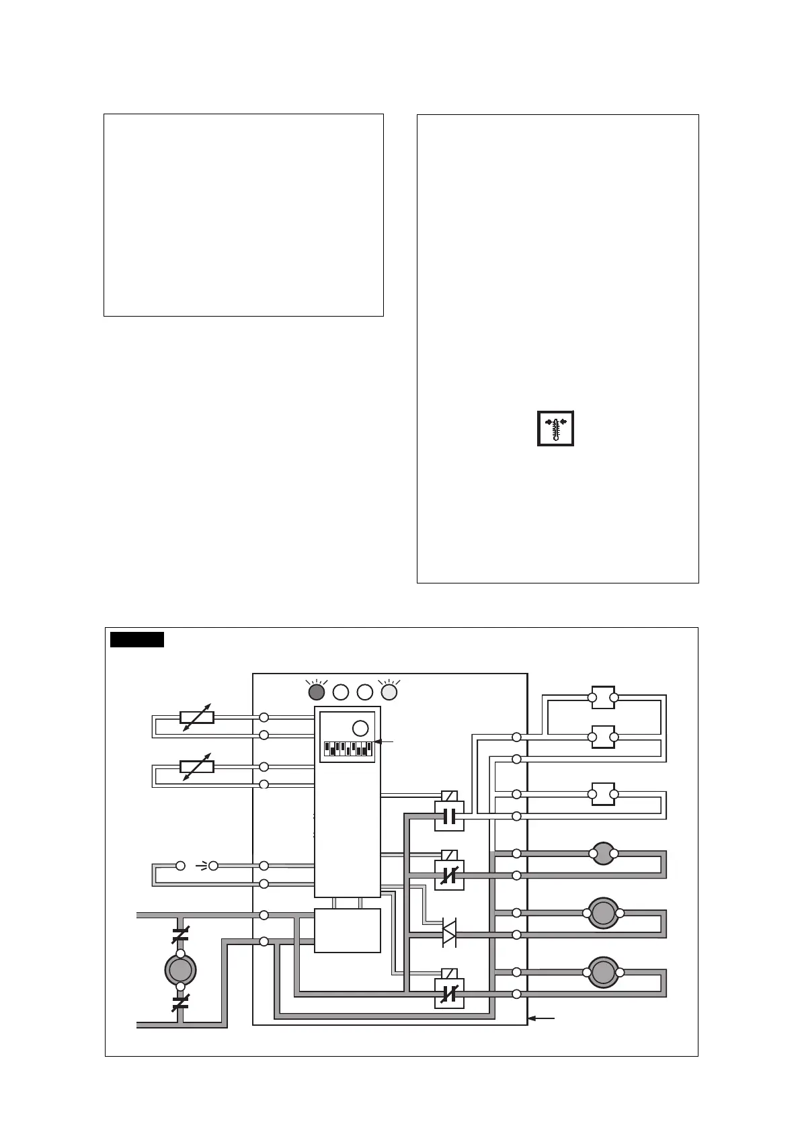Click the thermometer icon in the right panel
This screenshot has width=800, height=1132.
point(555,428)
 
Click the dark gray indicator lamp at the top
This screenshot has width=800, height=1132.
point(316,692)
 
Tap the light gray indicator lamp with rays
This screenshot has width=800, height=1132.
point(389,692)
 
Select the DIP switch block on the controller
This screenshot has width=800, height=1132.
point(347,748)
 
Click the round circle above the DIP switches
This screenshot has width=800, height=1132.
point(360,727)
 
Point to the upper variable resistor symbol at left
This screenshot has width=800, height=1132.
point(197,717)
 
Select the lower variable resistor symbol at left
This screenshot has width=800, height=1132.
point(197,766)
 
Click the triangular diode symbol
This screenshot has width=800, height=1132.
point(449,934)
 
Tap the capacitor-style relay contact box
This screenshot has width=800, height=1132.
point(449,816)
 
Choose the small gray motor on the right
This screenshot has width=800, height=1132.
point(603,854)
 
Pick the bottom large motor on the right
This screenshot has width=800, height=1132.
point(603,972)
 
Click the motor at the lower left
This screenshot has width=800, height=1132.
point(180,969)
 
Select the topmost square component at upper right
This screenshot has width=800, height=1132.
point(603,698)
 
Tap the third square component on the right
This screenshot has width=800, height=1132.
point(603,795)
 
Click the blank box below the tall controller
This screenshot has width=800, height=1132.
point(348,930)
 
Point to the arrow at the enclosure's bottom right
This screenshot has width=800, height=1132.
point(542,1018)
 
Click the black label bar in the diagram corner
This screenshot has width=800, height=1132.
point(137,639)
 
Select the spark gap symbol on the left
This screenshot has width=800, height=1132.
point(197,866)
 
